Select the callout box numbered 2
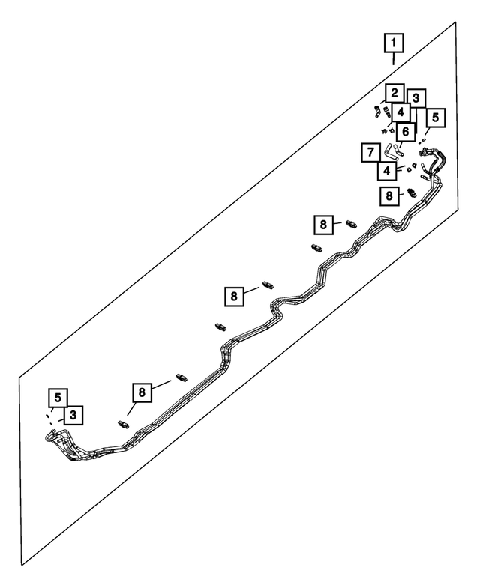(x=393, y=94)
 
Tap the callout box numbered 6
(x=406, y=132)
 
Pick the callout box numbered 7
(x=369, y=153)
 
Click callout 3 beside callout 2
(x=415, y=97)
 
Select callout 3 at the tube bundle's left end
(x=73, y=415)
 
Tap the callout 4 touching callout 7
(x=386, y=171)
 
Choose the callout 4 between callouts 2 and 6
(x=401, y=112)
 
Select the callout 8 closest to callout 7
(x=388, y=196)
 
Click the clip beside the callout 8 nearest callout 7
(x=412, y=193)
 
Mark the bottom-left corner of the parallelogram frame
(x=22, y=564)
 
